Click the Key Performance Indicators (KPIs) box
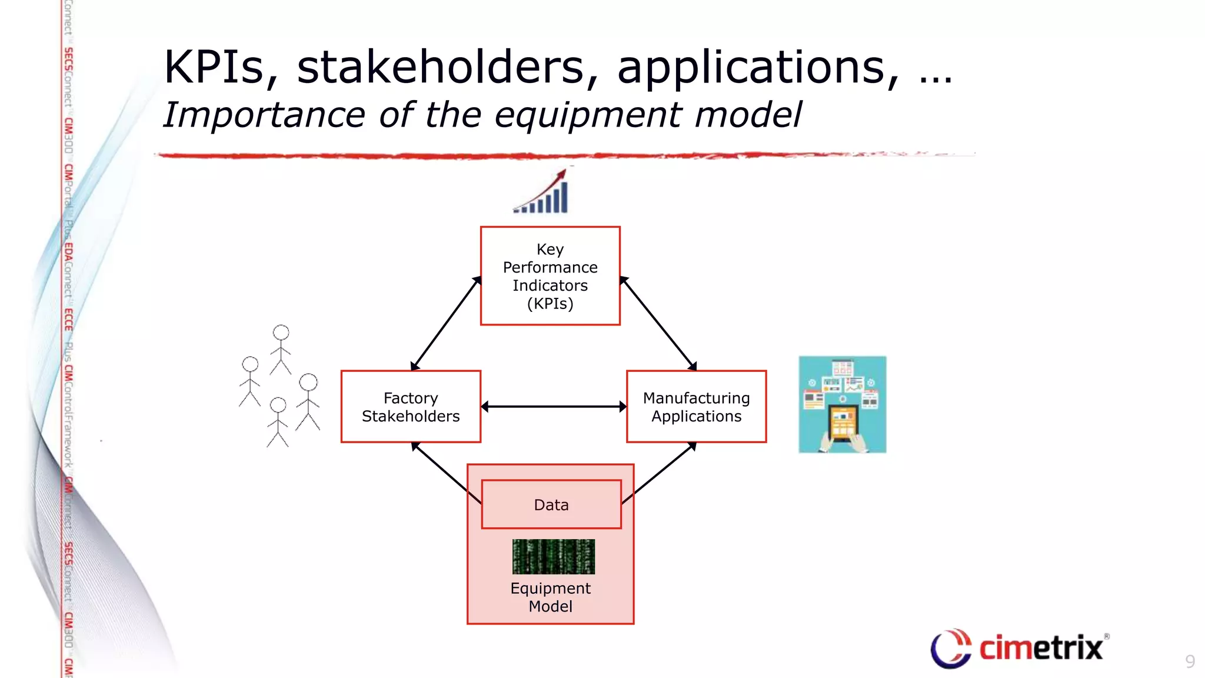tap(550, 275)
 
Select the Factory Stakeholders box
tap(411, 407)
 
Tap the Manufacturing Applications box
tap(696, 407)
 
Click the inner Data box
tap(551, 504)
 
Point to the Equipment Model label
tap(550, 597)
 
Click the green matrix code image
tap(553, 556)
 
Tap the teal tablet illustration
tap(842, 404)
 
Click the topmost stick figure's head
tap(281, 333)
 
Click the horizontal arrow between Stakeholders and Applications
tap(553, 407)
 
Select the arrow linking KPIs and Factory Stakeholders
tap(445, 324)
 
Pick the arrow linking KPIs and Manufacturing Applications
tap(658, 324)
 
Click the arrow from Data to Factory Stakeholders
tap(445, 473)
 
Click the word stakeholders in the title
tap(447, 68)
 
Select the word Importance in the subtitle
tap(264, 115)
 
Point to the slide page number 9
tap(1190, 662)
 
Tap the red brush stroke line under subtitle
tap(530, 156)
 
